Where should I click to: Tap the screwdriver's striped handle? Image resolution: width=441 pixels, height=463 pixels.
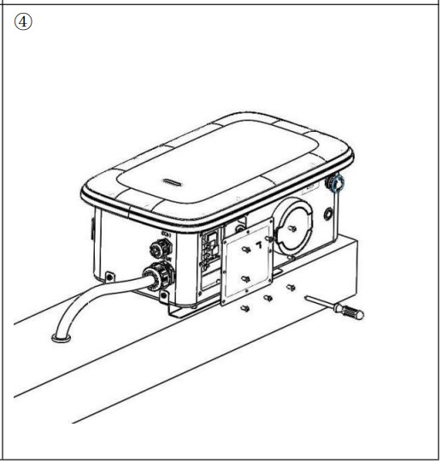click(x=350, y=310)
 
